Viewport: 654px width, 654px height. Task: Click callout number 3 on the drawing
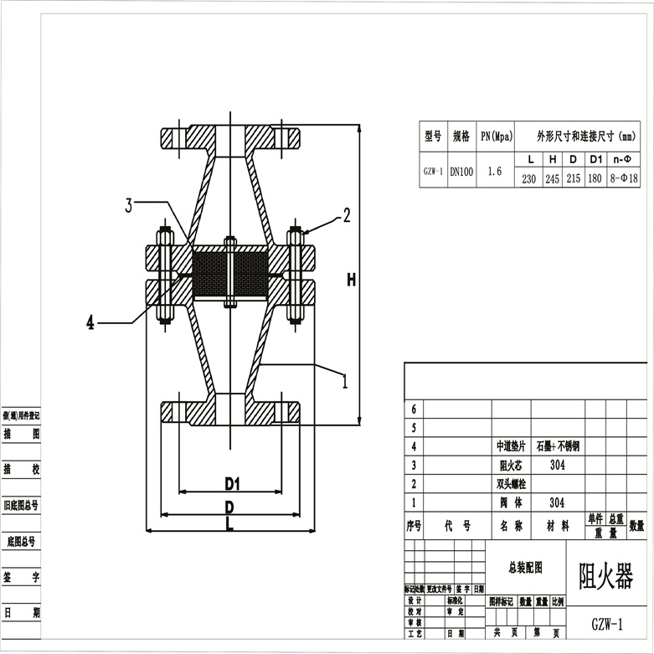129,205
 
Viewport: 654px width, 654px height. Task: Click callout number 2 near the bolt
347,216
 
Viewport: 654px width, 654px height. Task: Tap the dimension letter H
352,281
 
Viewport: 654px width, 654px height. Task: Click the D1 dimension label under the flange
232,483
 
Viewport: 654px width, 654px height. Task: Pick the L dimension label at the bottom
229,523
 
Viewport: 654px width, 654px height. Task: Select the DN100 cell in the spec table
461,172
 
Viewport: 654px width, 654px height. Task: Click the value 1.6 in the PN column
494,171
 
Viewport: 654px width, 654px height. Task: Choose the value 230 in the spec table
529,179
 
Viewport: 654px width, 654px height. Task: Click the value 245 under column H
552,179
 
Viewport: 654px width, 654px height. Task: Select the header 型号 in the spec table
432,136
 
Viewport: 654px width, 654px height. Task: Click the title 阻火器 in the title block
606,576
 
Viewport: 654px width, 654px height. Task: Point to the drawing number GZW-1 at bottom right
607,625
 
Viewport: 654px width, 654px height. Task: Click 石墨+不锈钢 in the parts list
558,446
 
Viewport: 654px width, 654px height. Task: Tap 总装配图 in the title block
526,568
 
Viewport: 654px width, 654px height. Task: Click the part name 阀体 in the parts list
511,503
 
